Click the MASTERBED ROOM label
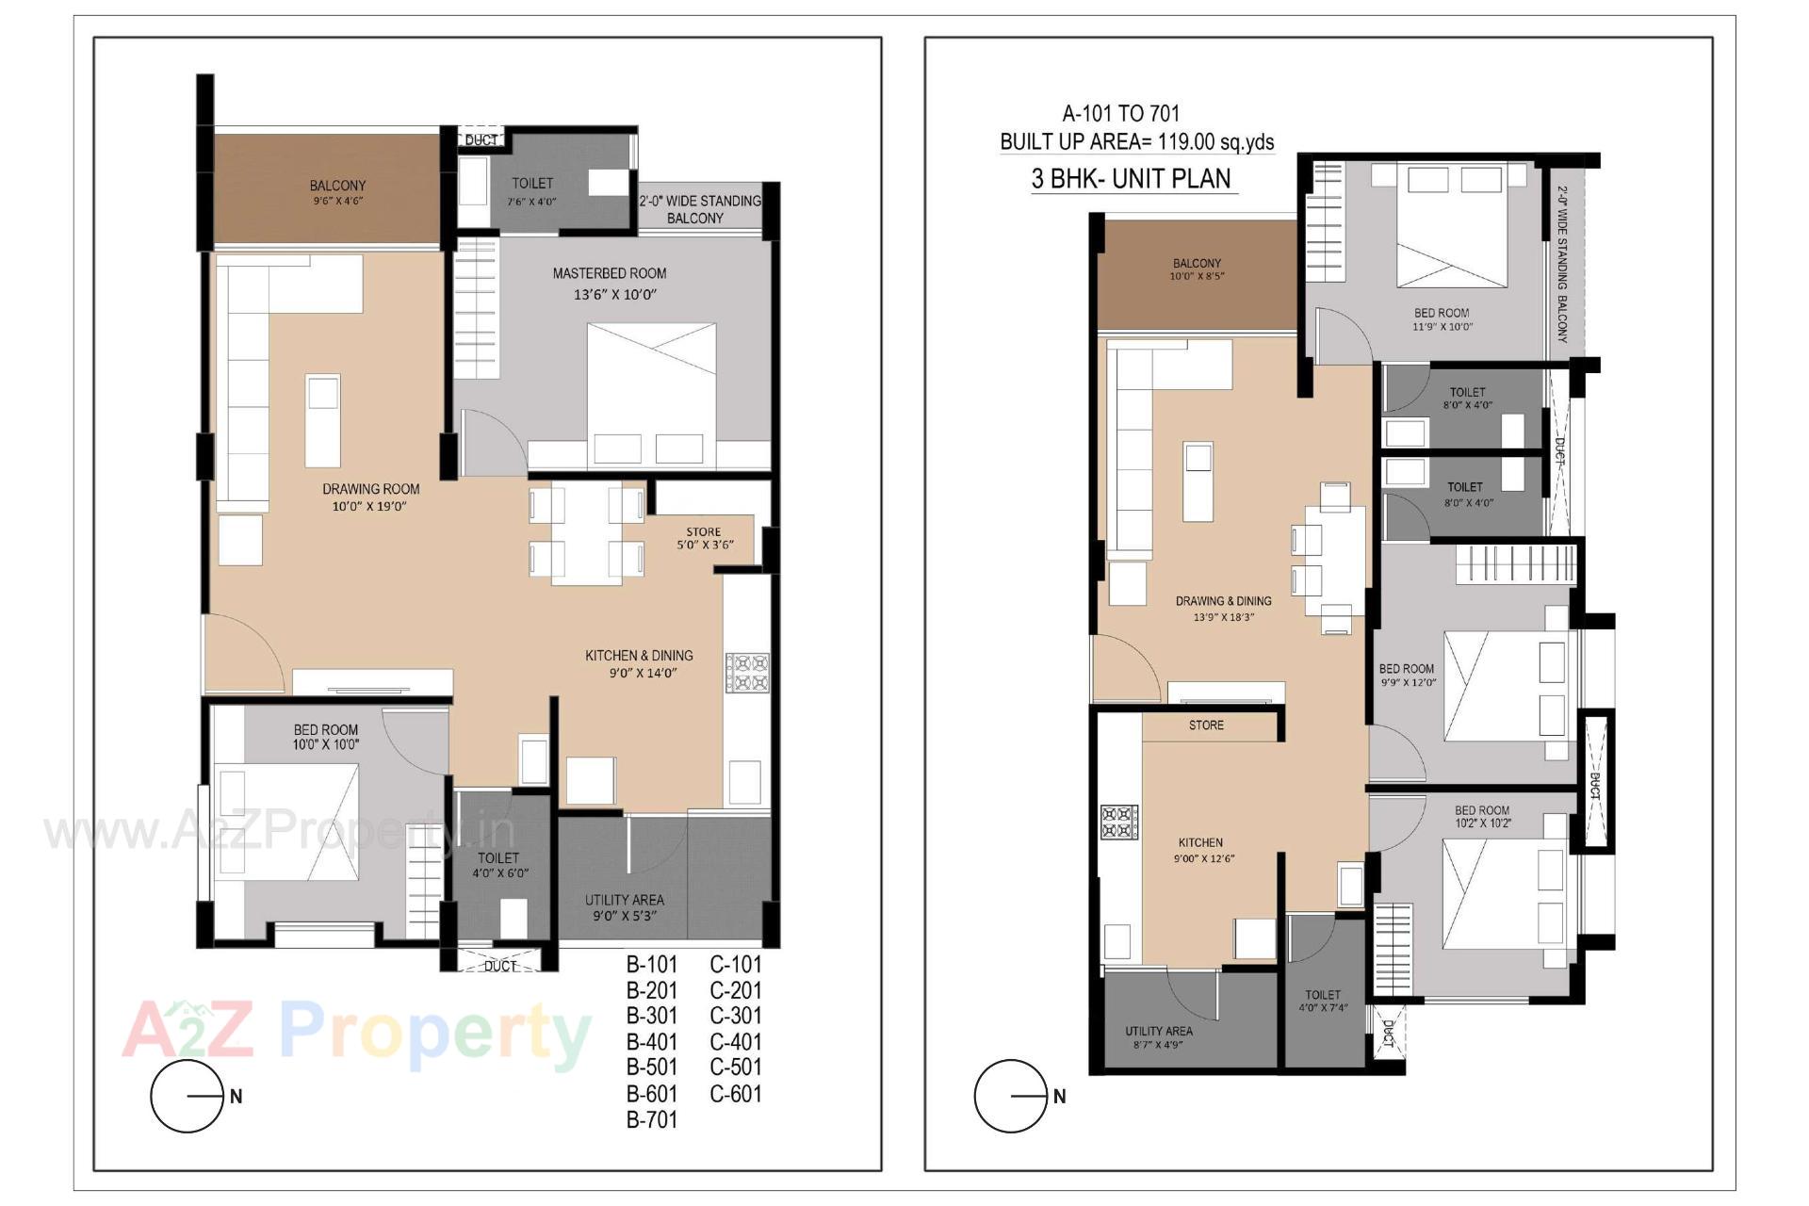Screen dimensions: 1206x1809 click(x=609, y=274)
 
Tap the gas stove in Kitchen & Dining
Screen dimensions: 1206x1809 click(x=747, y=673)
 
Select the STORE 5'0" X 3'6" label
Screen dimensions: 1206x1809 click(x=704, y=538)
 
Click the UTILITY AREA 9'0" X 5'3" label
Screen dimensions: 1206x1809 click(x=624, y=907)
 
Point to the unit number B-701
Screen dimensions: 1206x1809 click(x=652, y=1119)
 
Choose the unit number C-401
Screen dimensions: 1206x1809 click(x=735, y=1042)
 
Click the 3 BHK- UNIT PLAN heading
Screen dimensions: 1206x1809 click(x=1132, y=179)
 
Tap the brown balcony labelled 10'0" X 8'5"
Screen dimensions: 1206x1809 click(x=1197, y=273)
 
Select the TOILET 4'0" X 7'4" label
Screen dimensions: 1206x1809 click(x=1323, y=1001)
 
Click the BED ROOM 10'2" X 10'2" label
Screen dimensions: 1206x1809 click(x=1481, y=816)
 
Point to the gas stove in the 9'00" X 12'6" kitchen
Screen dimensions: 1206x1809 click(x=1120, y=821)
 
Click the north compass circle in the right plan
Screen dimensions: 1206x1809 click(x=1011, y=1096)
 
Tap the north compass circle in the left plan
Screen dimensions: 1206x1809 click(x=187, y=1096)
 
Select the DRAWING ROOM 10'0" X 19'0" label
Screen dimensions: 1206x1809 click(x=370, y=497)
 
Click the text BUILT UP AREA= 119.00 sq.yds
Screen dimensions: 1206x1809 click(x=1136, y=142)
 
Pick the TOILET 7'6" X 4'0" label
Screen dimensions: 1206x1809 click(x=532, y=190)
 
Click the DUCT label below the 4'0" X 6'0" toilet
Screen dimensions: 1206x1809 click(x=499, y=967)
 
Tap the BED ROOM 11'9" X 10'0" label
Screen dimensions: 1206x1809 click(x=1441, y=319)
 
